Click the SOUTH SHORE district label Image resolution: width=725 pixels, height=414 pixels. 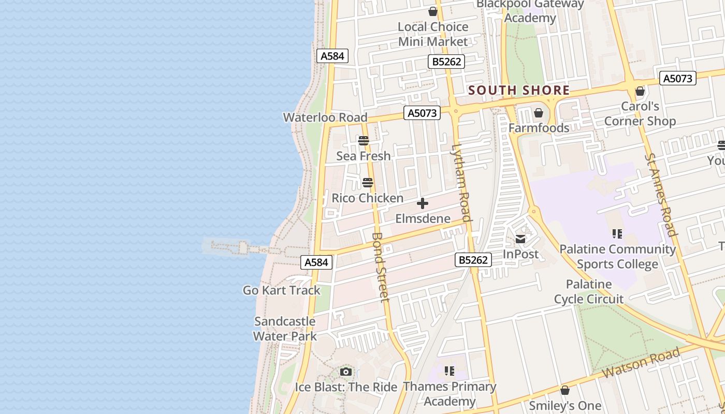519,91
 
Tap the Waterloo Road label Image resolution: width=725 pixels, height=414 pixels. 325,117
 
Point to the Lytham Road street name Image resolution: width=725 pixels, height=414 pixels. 461,182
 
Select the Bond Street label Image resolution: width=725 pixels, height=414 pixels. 380,267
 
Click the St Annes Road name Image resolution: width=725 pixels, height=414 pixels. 661,195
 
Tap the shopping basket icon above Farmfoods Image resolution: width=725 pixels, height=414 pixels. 539,113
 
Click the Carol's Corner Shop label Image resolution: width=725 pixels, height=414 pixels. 640,114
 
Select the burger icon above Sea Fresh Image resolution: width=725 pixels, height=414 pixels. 363,141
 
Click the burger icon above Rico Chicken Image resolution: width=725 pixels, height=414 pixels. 368,183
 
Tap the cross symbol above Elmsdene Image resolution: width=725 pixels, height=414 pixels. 423,203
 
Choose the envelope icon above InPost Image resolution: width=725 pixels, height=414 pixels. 520,239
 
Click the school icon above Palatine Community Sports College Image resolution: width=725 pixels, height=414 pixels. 617,234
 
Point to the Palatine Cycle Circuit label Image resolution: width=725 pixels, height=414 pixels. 589,291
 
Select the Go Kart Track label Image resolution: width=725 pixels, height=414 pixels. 282,290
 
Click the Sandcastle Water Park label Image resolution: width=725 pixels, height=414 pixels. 285,329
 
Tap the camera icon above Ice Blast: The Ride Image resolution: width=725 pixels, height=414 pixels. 346,372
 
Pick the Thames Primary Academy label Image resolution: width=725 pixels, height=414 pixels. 450,394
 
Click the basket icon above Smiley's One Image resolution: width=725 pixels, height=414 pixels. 565,390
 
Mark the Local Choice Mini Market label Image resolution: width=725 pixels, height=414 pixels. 433,34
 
